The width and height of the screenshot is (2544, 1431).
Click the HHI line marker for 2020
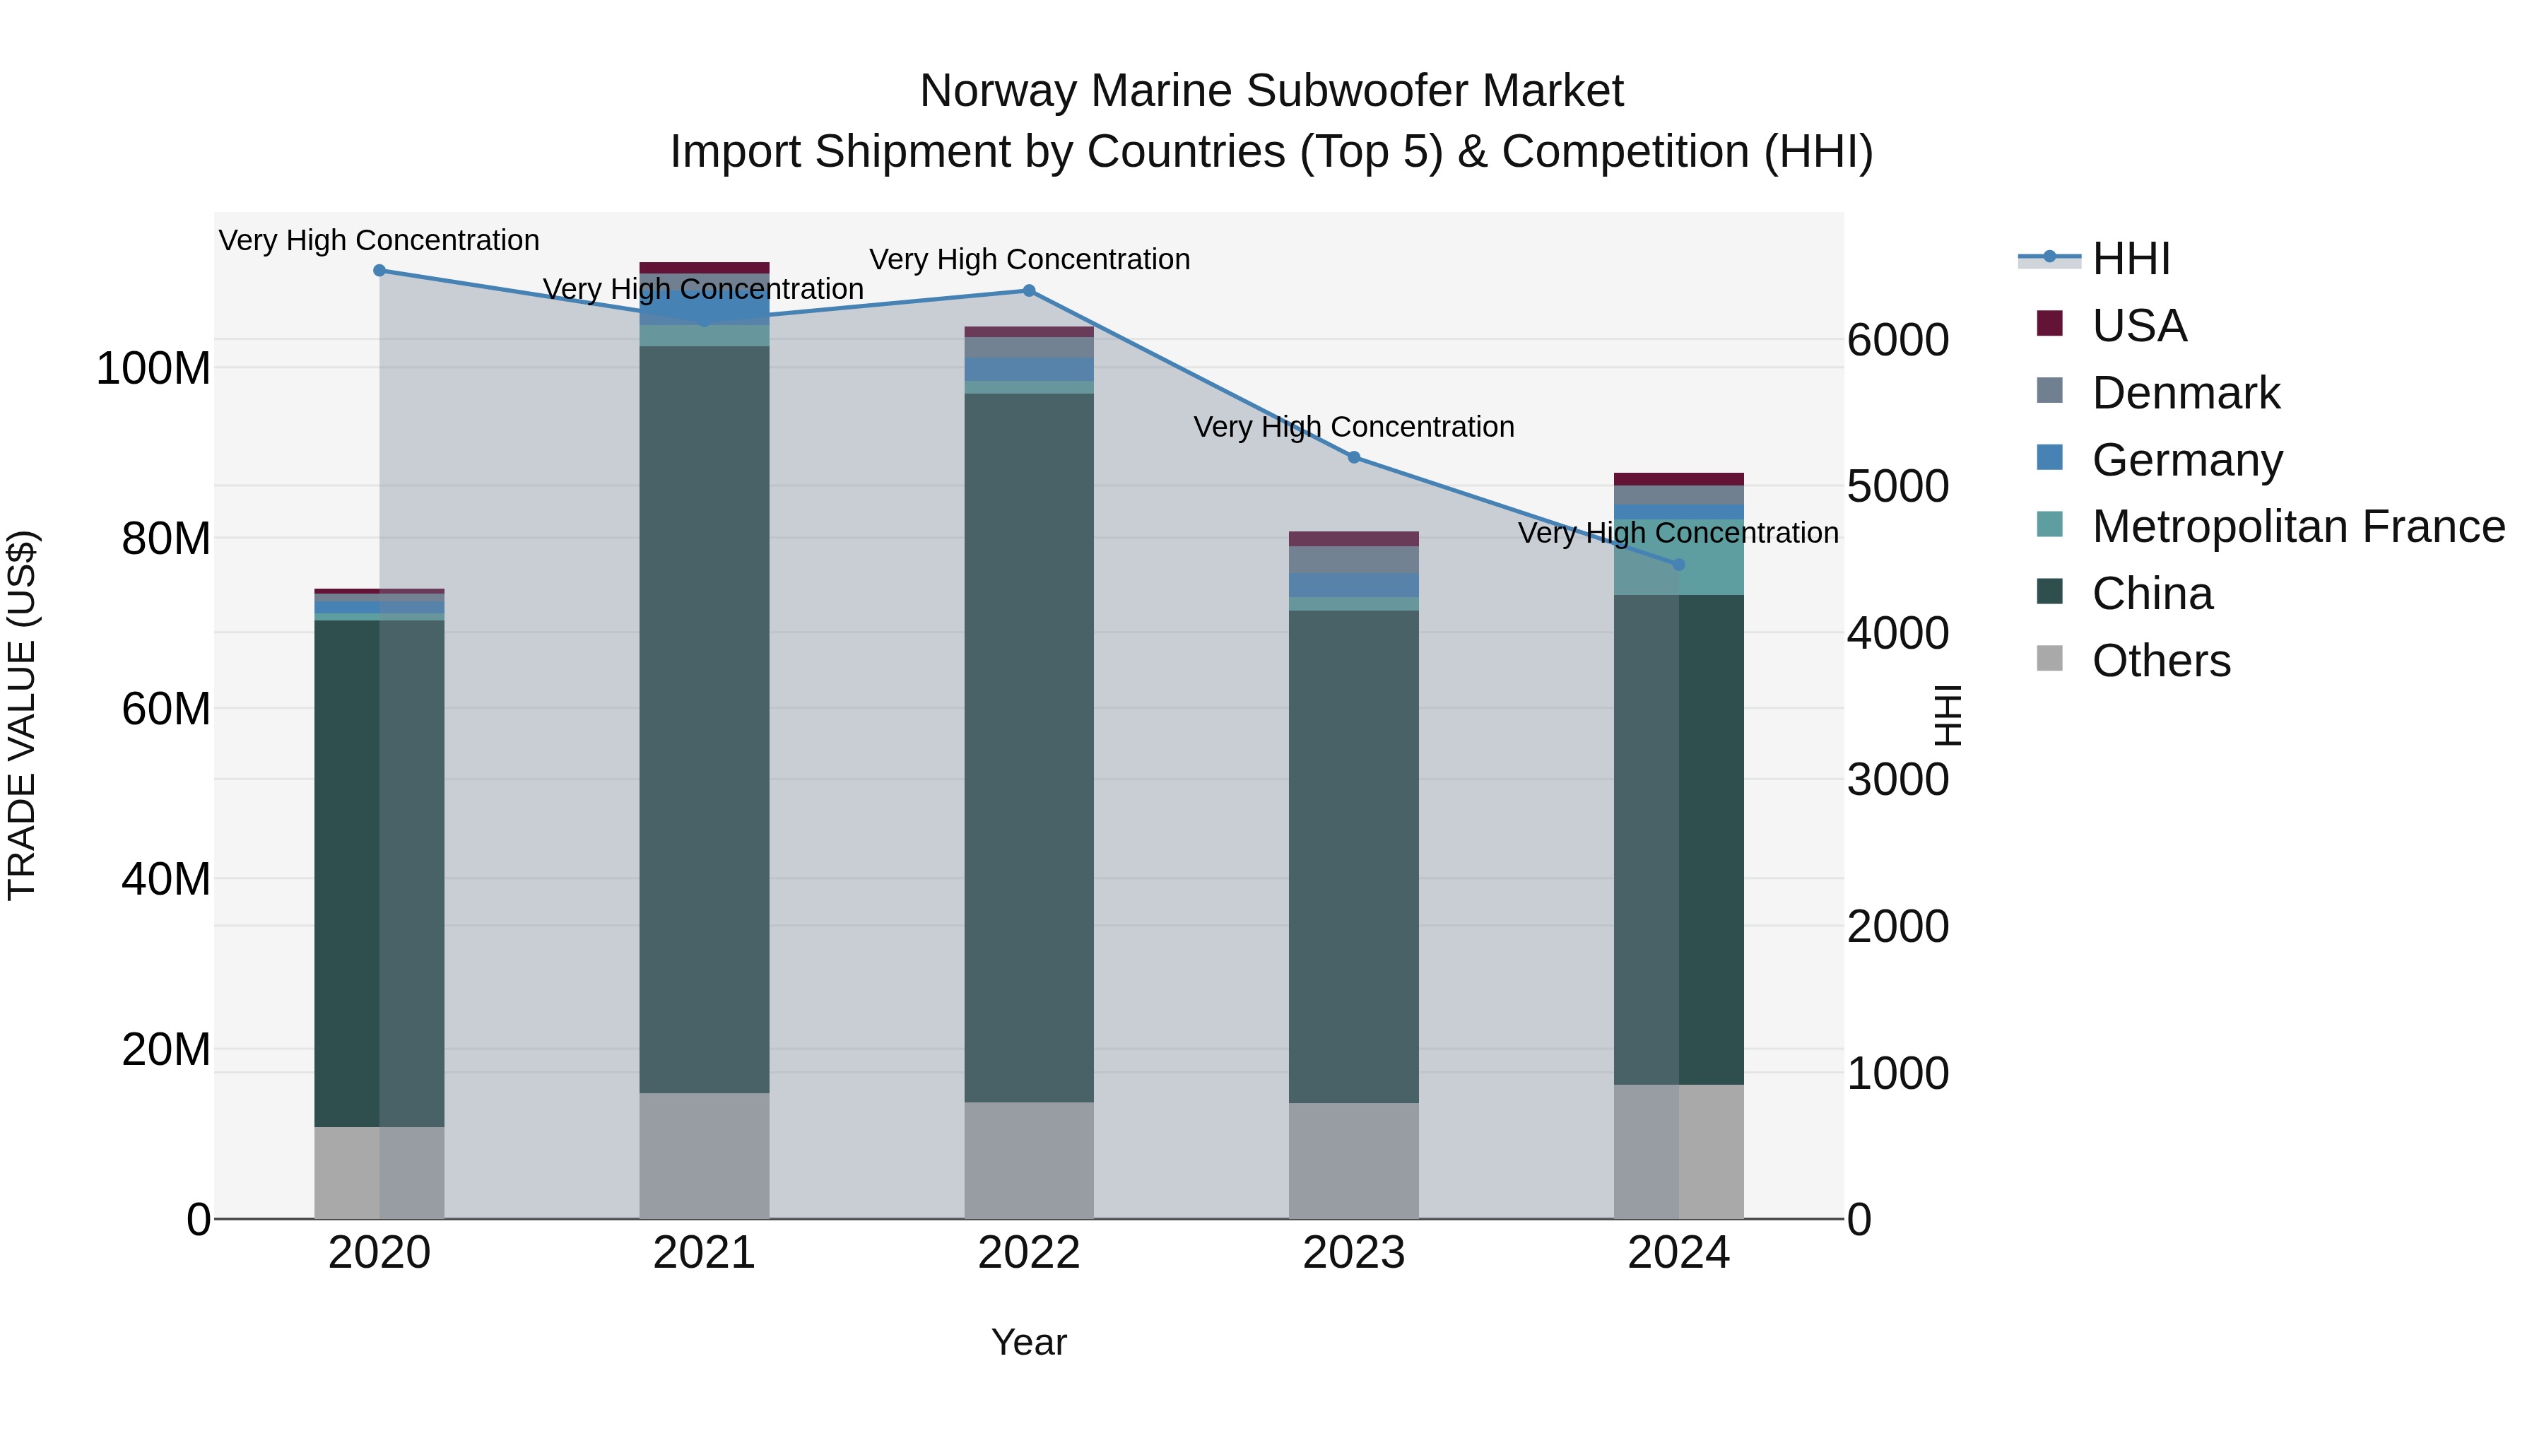pyautogui.click(x=379, y=271)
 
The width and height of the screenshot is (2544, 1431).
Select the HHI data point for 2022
pyautogui.click(x=1029, y=290)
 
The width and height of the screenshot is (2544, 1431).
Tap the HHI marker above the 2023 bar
pyautogui.click(x=1354, y=457)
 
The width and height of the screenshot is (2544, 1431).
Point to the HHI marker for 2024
pyautogui.click(x=1679, y=564)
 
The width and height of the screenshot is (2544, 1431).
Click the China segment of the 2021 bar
pyautogui.click(x=704, y=719)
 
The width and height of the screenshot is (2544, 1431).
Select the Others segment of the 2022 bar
pyautogui.click(x=1029, y=1160)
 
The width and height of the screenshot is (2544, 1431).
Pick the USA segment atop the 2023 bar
pyautogui.click(x=1354, y=538)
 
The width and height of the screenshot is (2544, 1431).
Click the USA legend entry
pyautogui.click(x=2139, y=326)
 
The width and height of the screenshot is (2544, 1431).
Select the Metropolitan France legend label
pyautogui.click(x=2298, y=526)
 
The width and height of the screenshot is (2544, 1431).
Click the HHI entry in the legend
pyautogui.click(x=2130, y=259)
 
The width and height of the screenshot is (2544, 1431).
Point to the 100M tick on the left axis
pyautogui.click(x=153, y=368)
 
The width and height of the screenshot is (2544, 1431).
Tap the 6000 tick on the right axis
pyautogui.click(x=1897, y=340)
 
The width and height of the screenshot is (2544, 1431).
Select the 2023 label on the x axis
pyautogui.click(x=1354, y=1253)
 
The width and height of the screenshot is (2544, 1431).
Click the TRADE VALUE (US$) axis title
pyautogui.click(x=22, y=715)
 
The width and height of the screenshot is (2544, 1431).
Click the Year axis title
pyautogui.click(x=1029, y=1342)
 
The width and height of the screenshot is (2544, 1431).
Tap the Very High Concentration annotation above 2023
pyautogui.click(x=1354, y=427)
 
